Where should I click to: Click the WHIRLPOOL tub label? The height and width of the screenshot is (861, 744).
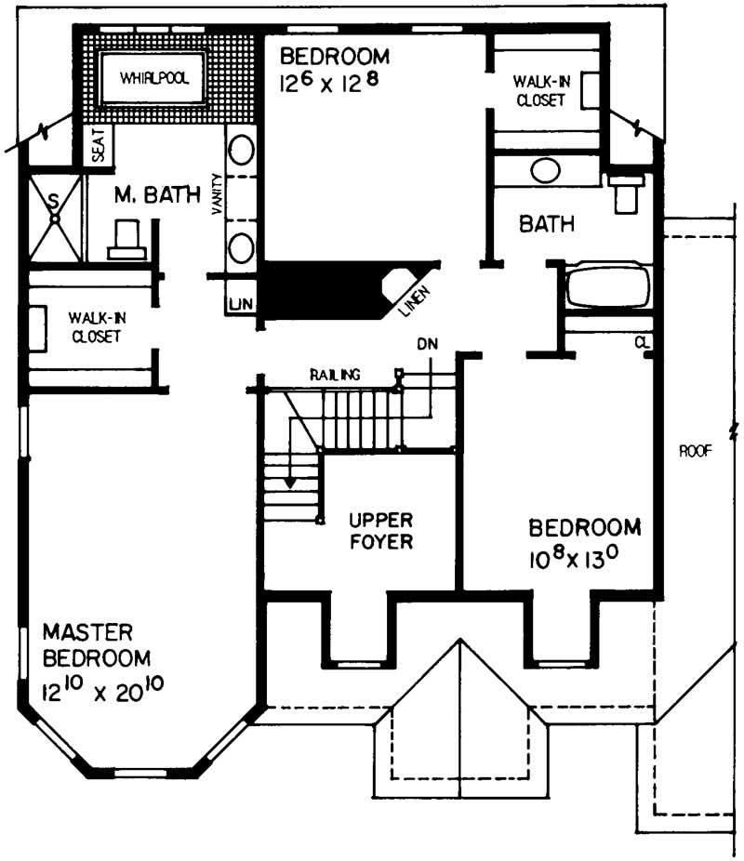(x=153, y=79)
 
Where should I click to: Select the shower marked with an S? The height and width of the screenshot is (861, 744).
(x=54, y=216)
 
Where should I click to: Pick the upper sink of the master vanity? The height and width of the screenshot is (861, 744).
(x=242, y=152)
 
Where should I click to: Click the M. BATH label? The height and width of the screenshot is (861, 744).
(x=157, y=195)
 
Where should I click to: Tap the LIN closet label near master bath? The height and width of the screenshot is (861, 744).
(x=237, y=305)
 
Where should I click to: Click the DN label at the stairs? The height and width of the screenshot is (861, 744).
(x=427, y=344)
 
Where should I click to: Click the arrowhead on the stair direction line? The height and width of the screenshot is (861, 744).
(x=291, y=483)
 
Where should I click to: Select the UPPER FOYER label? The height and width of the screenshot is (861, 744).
(x=380, y=530)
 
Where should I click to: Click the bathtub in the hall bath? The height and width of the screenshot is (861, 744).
(x=609, y=287)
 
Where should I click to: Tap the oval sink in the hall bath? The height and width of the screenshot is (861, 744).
(x=545, y=171)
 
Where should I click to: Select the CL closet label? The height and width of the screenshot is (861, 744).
(x=643, y=341)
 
